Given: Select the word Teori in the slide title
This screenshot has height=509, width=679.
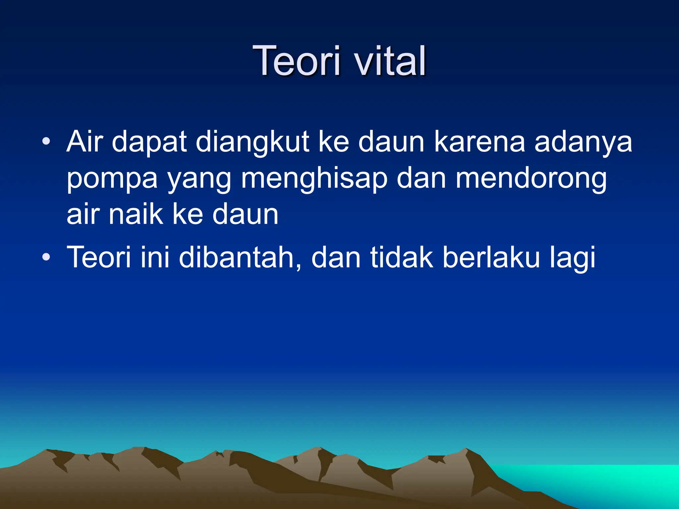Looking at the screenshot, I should (x=296, y=61).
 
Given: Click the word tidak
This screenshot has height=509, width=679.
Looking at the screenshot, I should (x=401, y=257).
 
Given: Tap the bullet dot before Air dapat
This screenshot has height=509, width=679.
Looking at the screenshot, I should (x=46, y=142).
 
